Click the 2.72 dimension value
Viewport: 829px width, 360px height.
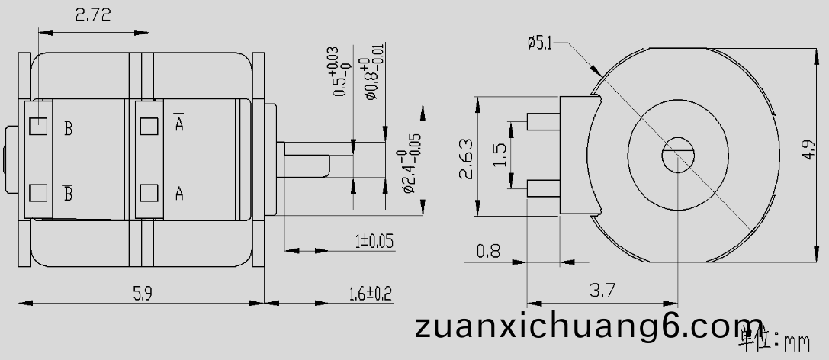pos(93,15)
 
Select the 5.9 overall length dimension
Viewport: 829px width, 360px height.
pos(143,292)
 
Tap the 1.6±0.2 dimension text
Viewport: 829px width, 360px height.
pos(370,293)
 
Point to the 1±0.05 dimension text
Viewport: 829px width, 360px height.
pos(374,242)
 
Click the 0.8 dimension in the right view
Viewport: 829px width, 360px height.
pos(488,250)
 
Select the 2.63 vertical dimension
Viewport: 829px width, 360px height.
pos(465,158)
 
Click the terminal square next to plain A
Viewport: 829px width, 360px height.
pos(149,192)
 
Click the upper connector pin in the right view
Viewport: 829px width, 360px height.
pos(543,121)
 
